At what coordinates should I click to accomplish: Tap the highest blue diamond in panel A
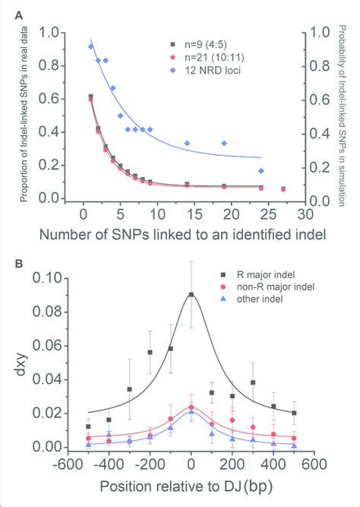click(x=91, y=46)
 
